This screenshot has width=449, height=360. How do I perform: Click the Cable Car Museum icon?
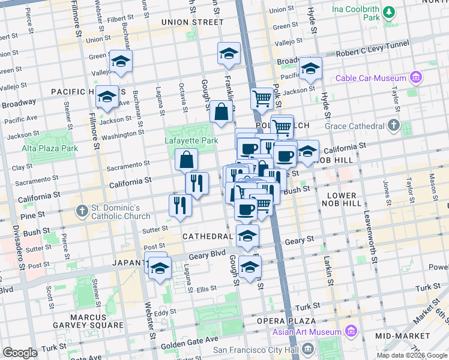click(415, 78)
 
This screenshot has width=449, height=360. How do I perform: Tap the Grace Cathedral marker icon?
click(393, 126)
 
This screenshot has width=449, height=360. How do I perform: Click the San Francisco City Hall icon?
click(308, 349)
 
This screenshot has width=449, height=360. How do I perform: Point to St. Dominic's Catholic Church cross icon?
click(83, 211)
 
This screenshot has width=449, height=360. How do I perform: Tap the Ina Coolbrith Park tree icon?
click(389, 12)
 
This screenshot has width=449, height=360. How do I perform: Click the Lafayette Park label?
click(191, 141)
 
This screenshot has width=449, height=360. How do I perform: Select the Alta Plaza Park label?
click(50, 148)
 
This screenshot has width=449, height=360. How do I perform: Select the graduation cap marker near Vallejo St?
click(121, 61)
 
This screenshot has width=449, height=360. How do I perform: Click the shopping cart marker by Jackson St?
click(262, 98)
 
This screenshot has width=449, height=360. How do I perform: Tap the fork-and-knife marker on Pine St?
click(180, 205)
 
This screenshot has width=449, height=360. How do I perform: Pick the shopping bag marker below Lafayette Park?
click(187, 160)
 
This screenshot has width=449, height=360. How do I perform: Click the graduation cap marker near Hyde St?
click(310, 68)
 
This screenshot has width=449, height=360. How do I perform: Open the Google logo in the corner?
click(20, 353)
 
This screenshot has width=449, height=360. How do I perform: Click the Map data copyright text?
click(411, 355)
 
